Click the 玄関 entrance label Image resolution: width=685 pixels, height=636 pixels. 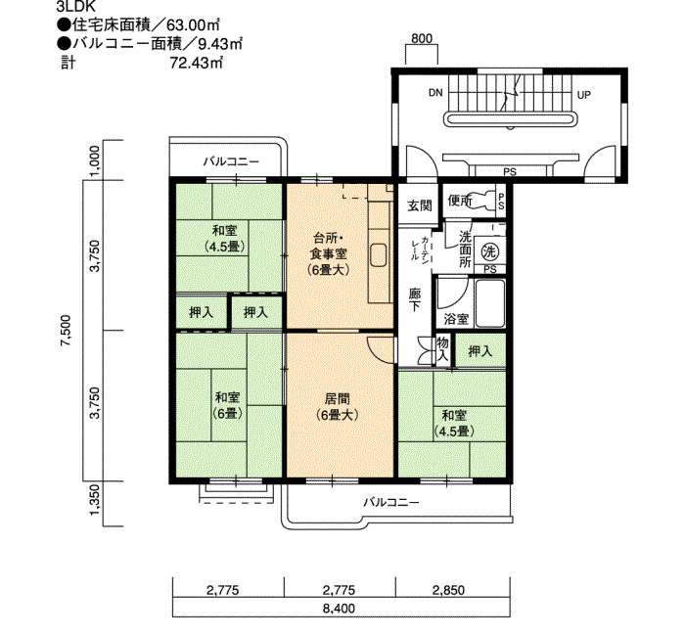click(x=420, y=205)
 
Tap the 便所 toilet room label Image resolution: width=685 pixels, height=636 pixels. click(x=460, y=201)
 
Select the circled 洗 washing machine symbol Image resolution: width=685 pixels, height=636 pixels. click(x=489, y=252)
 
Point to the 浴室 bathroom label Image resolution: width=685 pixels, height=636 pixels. click(x=456, y=319)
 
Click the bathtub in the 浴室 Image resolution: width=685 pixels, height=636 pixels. click(x=490, y=303)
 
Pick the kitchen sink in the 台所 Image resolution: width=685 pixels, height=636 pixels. click(x=379, y=254)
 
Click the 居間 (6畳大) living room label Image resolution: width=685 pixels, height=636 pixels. click(x=338, y=407)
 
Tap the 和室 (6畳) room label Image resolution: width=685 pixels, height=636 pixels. click(x=228, y=405)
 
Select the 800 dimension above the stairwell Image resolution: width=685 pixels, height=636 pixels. click(x=422, y=38)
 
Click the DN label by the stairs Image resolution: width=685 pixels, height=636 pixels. click(x=435, y=93)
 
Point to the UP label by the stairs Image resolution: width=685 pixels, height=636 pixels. click(x=583, y=95)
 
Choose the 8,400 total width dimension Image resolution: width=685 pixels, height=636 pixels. click(x=339, y=608)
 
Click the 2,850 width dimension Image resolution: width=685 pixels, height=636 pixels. click(x=448, y=591)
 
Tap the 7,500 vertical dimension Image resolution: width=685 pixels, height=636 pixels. click(x=66, y=331)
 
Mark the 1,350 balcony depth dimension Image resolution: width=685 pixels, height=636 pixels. click(x=95, y=499)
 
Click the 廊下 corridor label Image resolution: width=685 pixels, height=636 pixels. click(x=415, y=298)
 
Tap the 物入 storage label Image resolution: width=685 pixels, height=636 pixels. click(x=443, y=348)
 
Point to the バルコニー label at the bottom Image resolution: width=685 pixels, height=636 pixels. click(x=391, y=502)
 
